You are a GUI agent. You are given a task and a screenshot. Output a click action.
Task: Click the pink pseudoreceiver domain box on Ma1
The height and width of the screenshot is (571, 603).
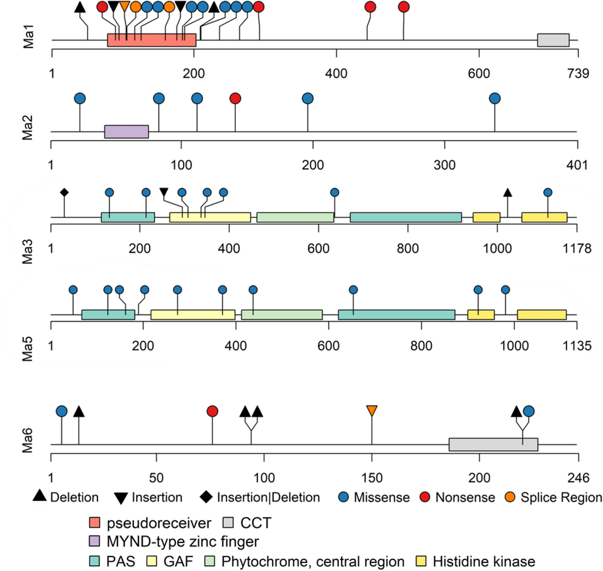pos(151,40)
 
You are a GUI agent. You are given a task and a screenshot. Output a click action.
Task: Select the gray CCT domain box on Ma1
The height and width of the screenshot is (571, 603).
pos(553,40)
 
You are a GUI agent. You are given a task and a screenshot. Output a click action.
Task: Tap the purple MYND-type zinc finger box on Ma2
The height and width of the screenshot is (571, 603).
pos(126,132)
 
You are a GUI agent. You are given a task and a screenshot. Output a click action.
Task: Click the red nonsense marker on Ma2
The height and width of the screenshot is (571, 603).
pos(235,98)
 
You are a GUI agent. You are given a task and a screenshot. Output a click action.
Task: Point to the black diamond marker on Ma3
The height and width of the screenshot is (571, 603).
pos(64,192)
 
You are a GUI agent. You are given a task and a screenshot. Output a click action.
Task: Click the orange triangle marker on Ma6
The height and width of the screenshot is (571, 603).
pos(372,411)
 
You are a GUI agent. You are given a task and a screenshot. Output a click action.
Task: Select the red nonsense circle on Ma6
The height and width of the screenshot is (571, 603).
pos(212,411)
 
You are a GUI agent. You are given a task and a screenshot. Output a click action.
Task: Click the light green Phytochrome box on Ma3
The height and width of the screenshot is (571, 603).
pos(295,217)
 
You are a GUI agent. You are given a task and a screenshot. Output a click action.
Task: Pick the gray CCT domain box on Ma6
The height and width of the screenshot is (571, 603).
pos(493,445)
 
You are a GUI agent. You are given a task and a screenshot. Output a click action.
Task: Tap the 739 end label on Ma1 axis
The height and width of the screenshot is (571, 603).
pos(578,74)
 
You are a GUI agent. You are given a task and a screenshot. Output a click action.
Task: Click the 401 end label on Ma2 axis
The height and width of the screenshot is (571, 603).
pos(577,165)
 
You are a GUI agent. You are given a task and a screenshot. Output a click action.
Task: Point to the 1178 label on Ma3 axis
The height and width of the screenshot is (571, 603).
pos(577,249)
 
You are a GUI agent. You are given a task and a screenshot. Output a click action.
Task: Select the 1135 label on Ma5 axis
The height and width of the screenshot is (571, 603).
pos(577,346)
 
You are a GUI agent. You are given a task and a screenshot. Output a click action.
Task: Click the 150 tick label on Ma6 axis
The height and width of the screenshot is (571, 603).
pos(372,478)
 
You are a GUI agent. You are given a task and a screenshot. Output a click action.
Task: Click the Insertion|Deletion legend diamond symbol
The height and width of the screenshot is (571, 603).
pos(206,497)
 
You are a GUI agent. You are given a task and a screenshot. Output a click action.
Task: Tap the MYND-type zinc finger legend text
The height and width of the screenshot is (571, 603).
pos(183,542)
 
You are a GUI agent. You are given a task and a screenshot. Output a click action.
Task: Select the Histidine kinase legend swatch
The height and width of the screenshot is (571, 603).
pos(421,561)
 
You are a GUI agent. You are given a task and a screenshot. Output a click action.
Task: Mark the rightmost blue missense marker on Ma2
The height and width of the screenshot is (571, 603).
pos(495,98)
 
